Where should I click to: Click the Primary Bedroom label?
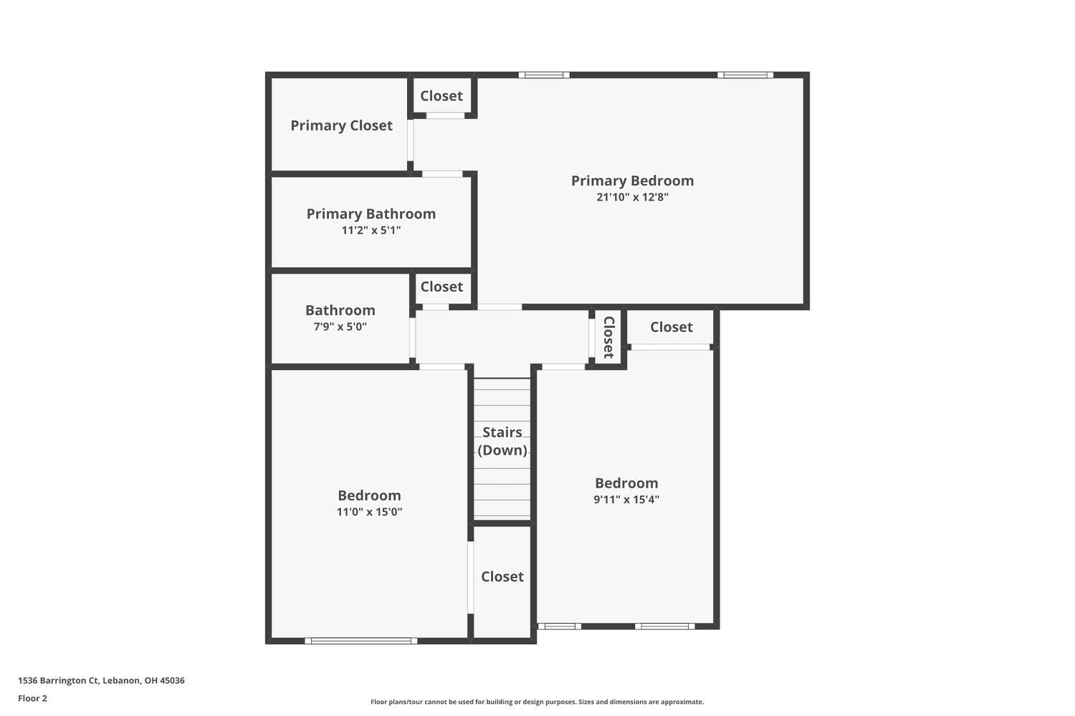(x=632, y=181)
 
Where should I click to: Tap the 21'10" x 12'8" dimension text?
(x=632, y=197)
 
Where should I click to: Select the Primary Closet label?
(x=341, y=125)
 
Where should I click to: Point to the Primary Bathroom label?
(x=371, y=214)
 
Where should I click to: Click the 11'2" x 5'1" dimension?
(x=371, y=231)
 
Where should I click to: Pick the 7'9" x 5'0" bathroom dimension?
(x=340, y=326)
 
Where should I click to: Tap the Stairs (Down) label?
(x=502, y=441)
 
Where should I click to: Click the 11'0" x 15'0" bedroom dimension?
(x=369, y=512)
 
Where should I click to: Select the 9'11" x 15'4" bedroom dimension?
(x=626, y=499)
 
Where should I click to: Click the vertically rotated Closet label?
(x=608, y=337)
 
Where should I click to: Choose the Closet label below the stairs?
(x=502, y=576)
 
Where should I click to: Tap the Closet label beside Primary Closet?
(x=441, y=96)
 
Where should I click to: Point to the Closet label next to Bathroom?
(x=441, y=287)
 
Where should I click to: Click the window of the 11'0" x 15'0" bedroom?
(x=361, y=641)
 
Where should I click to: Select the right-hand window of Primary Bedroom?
(x=745, y=74)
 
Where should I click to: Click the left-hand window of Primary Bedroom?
(x=544, y=74)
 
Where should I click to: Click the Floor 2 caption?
(x=33, y=698)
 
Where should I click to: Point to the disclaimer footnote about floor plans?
(x=537, y=702)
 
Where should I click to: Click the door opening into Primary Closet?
(x=411, y=140)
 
